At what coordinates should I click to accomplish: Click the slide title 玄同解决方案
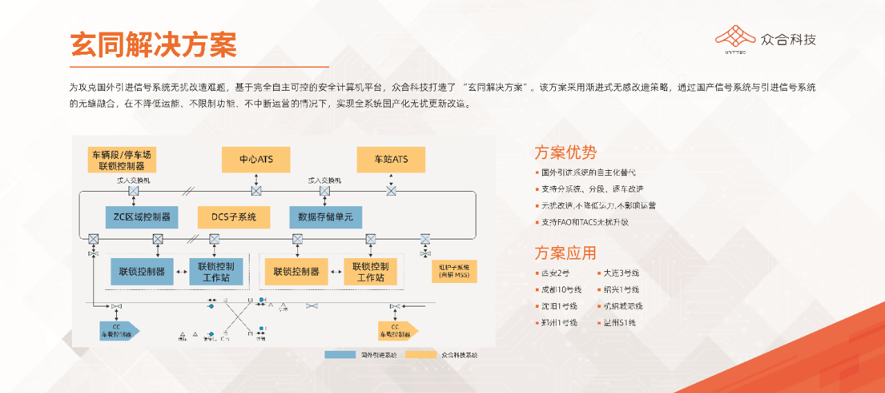153,44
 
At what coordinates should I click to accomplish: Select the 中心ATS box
256,160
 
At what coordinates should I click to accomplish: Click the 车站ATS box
391,160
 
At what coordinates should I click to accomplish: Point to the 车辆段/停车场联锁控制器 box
122,160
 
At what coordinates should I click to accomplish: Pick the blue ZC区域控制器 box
142,217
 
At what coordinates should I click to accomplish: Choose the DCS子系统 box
232,217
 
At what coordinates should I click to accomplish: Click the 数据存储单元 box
325,217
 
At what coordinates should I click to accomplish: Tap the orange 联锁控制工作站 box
371,272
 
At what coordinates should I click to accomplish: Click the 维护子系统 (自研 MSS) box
454,271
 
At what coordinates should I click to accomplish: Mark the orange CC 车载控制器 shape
398,331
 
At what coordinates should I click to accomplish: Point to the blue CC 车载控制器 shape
118,331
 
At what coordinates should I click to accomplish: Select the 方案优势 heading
565,152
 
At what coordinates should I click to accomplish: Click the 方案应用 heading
565,253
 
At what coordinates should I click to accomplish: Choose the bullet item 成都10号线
561,290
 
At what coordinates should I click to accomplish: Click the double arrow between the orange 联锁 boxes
335,272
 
